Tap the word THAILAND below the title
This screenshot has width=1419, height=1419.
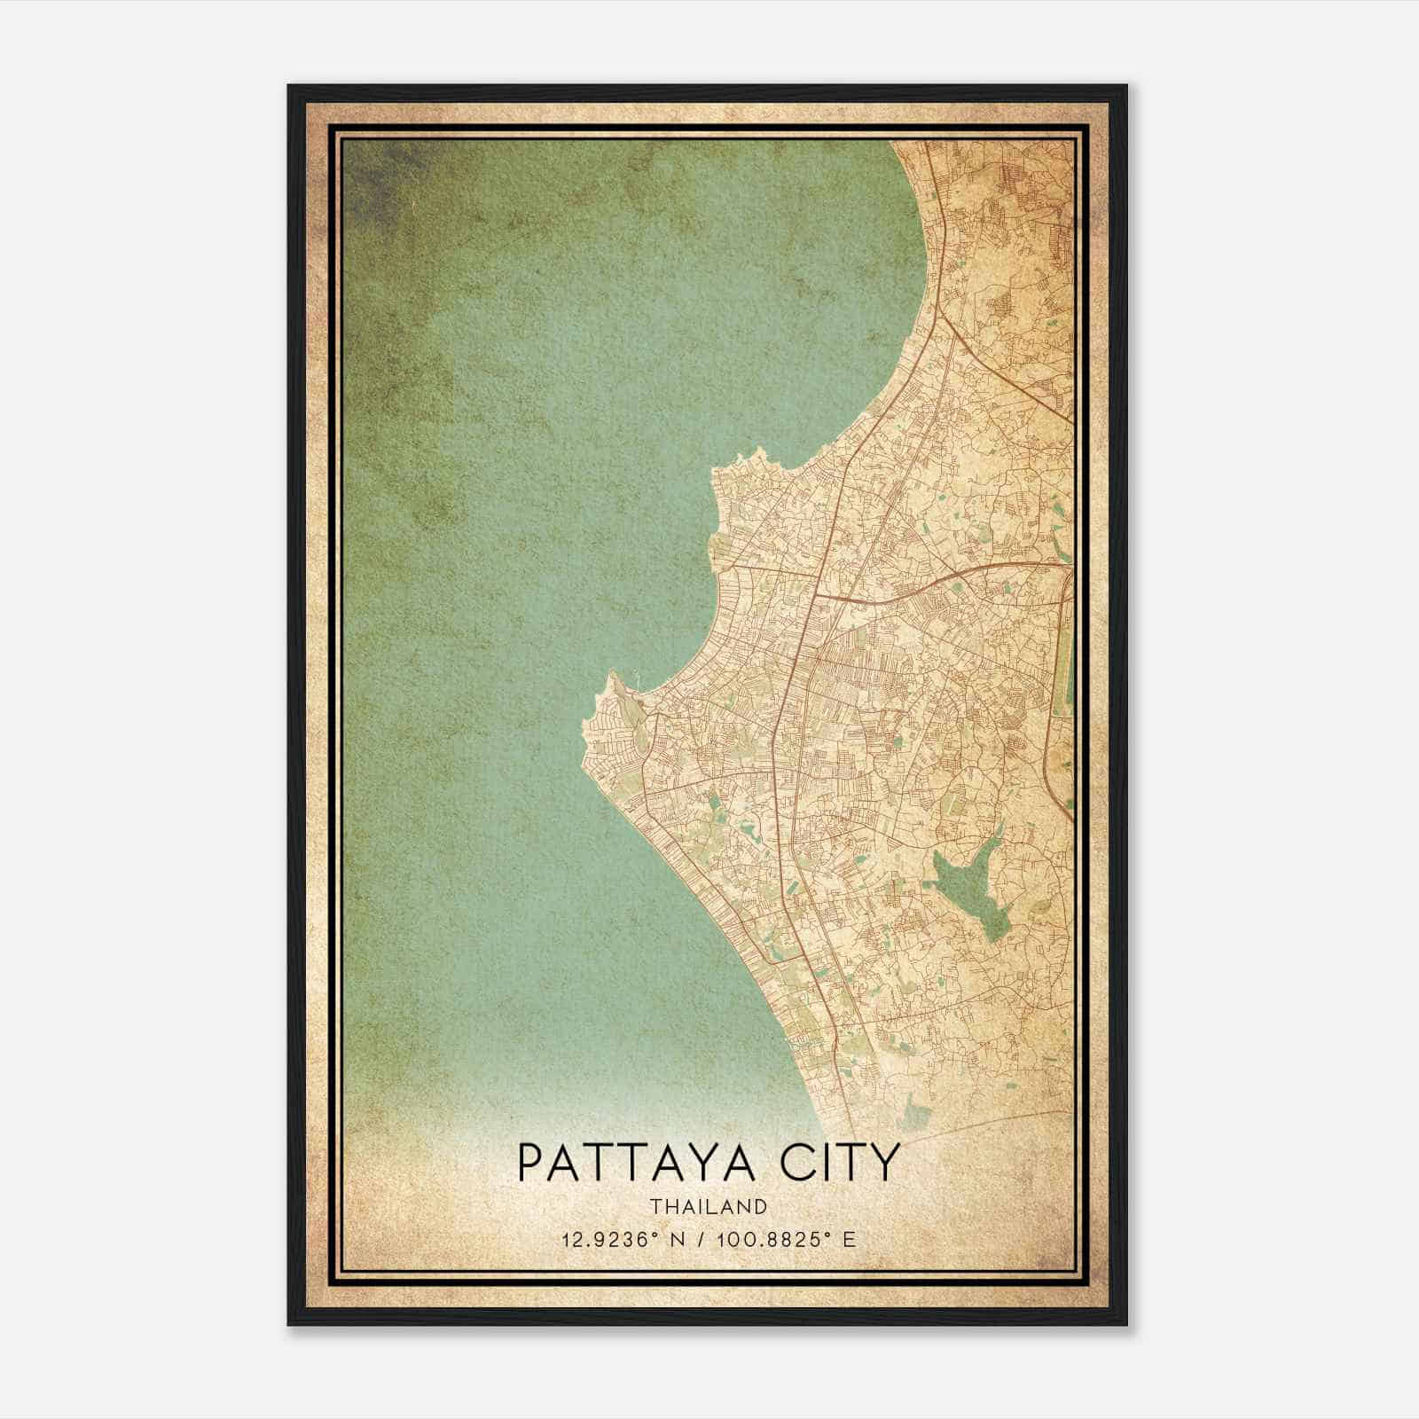pos(708,1206)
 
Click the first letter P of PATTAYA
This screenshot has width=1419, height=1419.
pos(529,1163)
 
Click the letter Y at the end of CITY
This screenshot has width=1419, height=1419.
pos(885,1163)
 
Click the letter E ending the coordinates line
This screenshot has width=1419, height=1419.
pos(850,1239)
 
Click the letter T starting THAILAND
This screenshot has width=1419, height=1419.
pos(654,1206)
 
